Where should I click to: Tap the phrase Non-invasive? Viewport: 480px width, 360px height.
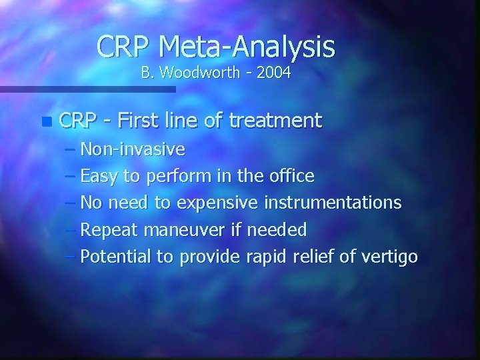[133, 149]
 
